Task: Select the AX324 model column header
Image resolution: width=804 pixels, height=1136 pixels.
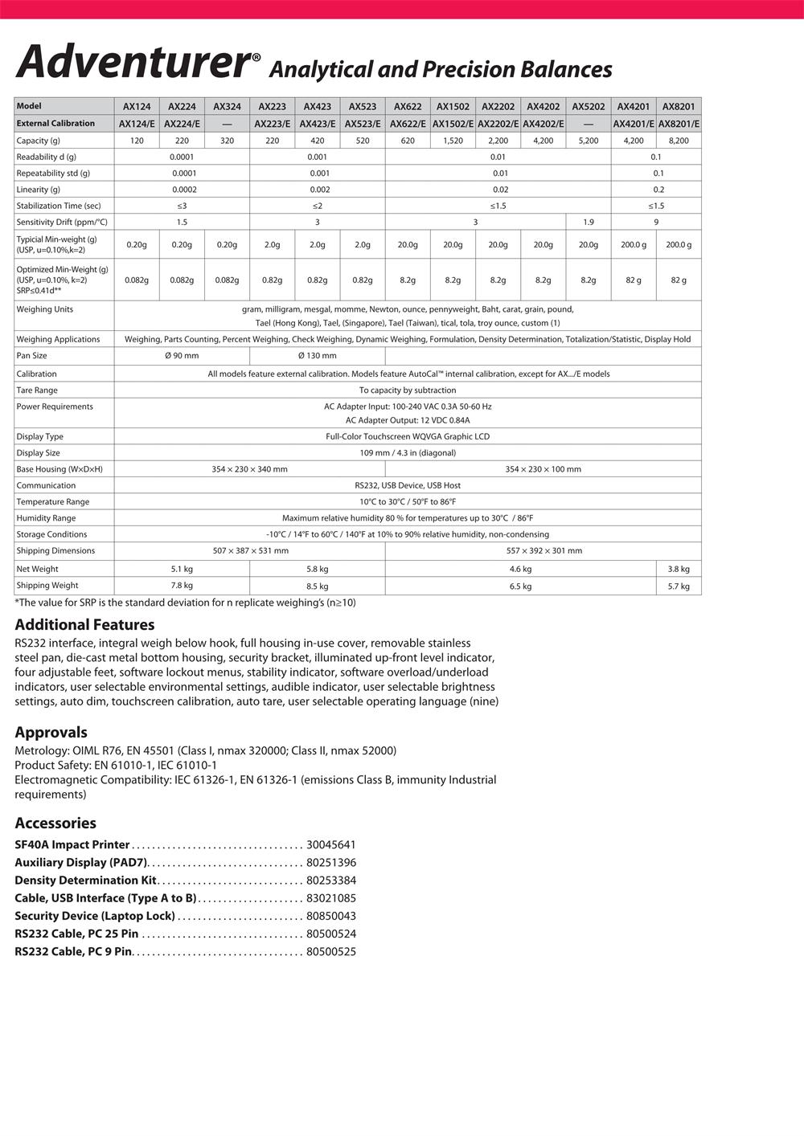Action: click(227, 106)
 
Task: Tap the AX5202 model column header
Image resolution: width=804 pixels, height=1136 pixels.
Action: click(588, 106)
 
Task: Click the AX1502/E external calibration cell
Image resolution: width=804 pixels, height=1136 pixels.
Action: click(453, 124)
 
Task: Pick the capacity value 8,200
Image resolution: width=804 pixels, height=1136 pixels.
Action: click(679, 141)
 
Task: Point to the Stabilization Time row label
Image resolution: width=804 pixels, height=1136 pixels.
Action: click(59, 206)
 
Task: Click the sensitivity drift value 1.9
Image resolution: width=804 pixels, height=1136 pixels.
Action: click(588, 222)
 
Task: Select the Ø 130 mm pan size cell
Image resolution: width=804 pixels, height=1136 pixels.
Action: click(317, 355)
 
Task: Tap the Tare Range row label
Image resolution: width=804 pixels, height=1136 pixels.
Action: click(37, 390)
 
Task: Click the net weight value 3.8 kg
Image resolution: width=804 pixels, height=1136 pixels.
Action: click(679, 569)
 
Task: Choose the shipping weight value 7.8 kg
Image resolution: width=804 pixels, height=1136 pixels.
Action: click(182, 586)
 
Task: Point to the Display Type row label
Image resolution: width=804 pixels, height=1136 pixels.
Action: click(40, 437)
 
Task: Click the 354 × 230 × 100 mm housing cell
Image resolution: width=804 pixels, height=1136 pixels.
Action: click(543, 469)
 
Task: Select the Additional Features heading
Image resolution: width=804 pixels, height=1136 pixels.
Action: click(84, 624)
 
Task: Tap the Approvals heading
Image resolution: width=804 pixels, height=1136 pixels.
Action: click(51, 732)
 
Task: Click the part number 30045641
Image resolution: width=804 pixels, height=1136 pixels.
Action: click(330, 844)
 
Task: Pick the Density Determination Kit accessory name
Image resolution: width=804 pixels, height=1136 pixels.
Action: click(85, 881)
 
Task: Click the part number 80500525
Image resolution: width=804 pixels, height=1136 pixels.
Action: click(330, 952)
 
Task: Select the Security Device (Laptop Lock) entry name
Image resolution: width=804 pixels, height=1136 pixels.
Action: click(95, 916)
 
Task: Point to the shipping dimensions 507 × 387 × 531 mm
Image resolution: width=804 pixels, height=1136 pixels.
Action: click(250, 551)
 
